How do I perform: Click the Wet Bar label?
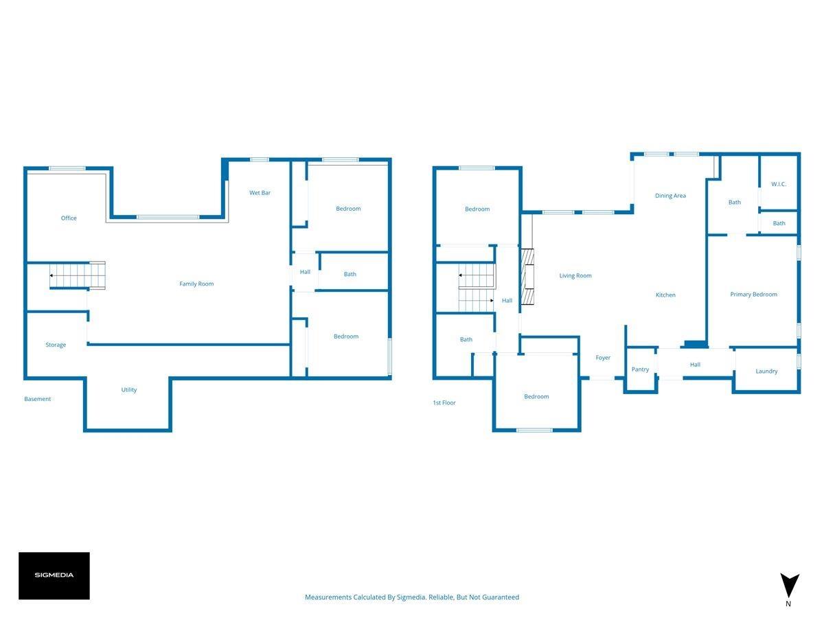pos(260,193)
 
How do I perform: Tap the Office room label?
pos(69,218)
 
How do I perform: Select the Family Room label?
pos(196,284)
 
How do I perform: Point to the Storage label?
pos(56,345)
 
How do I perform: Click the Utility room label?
pos(129,390)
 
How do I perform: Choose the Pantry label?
pos(640,369)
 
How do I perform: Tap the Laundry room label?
pos(766,371)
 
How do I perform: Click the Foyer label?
pos(603,358)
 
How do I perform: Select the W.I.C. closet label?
pos(779,184)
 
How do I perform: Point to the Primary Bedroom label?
pos(753,295)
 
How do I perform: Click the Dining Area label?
pos(670,196)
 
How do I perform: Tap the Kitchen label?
pos(665,295)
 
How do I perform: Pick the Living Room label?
pos(575,276)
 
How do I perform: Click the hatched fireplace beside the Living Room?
pos(527,277)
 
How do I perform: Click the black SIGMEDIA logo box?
pos(54,575)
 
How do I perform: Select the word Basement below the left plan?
pos(38,399)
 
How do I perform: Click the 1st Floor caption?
pos(444,402)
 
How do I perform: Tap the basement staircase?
pos(78,275)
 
